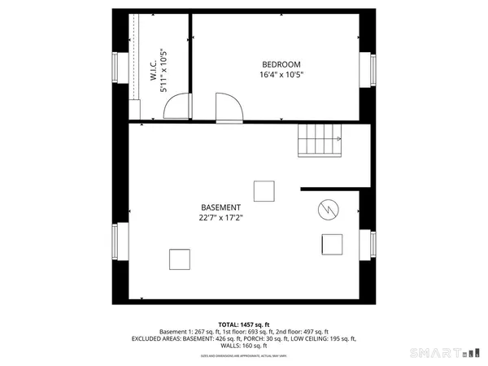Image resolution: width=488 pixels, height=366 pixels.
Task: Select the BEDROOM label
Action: [x=281, y=65]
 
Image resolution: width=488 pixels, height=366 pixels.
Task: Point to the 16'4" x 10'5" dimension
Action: [x=281, y=76]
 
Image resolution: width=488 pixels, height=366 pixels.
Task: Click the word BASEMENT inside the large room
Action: [x=220, y=207]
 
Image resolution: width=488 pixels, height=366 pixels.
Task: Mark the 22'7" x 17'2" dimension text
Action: [x=220, y=217]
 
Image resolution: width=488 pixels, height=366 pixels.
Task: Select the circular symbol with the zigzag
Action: [x=329, y=210]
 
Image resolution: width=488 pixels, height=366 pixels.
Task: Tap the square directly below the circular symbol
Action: [x=332, y=244]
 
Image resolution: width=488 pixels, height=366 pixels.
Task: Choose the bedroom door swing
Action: [x=227, y=107]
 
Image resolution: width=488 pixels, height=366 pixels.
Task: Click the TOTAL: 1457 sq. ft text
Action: [x=244, y=325]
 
